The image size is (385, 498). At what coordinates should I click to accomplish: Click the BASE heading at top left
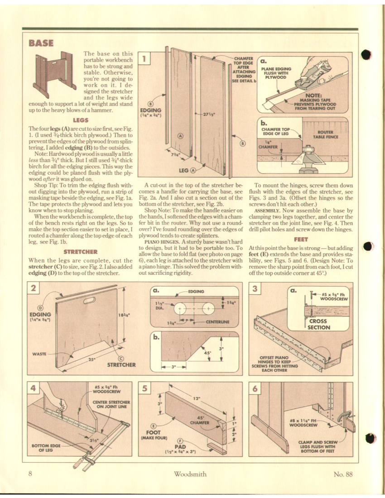coord(42,43)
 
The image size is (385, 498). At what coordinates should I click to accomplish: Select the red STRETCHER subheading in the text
coord(82,251)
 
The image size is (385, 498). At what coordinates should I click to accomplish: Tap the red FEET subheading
coord(301,239)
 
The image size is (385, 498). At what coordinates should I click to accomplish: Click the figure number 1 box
coord(144,58)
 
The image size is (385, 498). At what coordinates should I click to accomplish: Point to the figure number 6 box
coord(255,388)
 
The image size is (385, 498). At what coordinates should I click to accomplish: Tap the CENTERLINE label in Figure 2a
coord(218,322)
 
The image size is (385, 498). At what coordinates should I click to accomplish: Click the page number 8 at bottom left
coord(30,474)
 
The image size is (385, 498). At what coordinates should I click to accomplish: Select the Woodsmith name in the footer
coord(190,474)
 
